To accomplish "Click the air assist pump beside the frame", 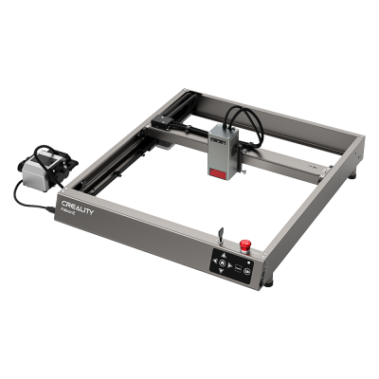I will (43, 169).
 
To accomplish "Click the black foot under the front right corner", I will (269, 280).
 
